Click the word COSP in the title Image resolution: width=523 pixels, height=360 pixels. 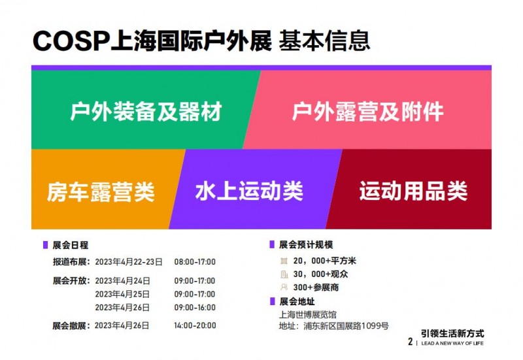[x=71, y=41]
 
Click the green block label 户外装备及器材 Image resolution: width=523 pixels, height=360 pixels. [x=146, y=111]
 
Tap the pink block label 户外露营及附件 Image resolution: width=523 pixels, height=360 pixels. [x=367, y=111]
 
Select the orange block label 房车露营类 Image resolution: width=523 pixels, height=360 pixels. [x=101, y=191]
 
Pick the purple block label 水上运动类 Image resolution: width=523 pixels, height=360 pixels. [x=249, y=191]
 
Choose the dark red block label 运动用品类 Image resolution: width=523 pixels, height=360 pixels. [x=413, y=191]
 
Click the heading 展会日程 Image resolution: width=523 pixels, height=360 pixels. [x=71, y=245]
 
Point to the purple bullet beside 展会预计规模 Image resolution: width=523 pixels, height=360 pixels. [x=272, y=244]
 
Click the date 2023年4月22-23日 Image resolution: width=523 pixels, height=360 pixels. [x=129, y=262]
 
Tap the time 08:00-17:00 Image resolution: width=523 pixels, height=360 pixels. [x=195, y=262]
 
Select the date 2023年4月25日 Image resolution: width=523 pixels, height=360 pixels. [x=122, y=294]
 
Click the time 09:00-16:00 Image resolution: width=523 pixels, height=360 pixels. [x=195, y=307]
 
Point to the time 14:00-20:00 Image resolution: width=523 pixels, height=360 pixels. [x=195, y=325]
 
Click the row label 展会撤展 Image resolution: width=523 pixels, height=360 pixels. [x=69, y=325]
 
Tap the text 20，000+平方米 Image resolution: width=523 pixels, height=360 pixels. [x=324, y=261]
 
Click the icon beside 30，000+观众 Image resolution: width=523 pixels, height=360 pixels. [x=284, y=274]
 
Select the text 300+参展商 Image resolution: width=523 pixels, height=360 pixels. [x=316, y=287]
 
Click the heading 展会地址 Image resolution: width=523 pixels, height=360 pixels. [x=297, y=302]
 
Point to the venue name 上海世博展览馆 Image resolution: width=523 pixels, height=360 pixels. [x=308, y=315]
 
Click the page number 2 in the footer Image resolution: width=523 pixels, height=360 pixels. [x=411, y=342]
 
